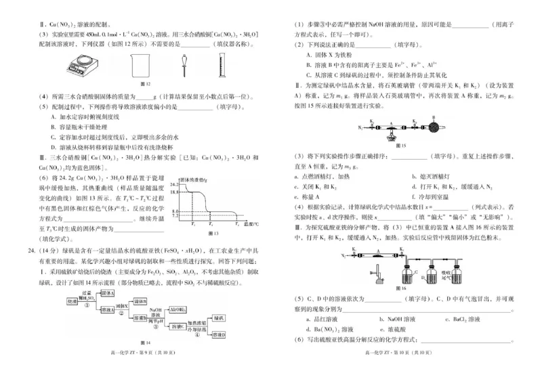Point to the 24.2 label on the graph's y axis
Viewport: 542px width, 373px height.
[178, 183]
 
